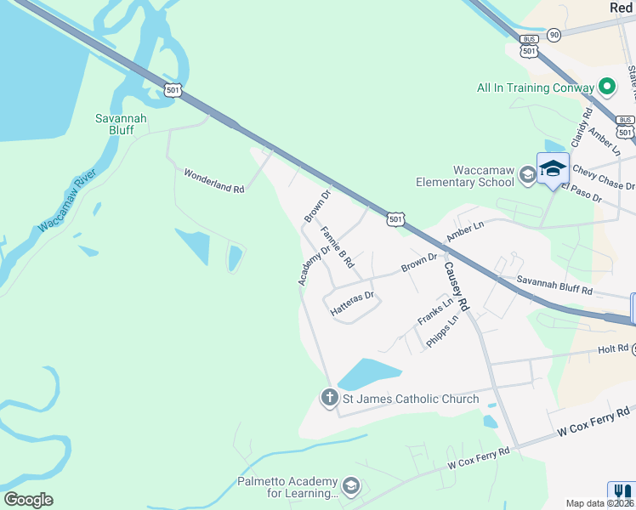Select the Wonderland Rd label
pos(214,180)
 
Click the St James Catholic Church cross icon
pos(329,398)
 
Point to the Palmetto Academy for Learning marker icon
pos(351,487)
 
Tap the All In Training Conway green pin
pos(606,87)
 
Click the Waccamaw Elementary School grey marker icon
pos(527,175)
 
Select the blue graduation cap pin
pos(553,167)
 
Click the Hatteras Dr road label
pos(353,304)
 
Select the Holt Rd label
pos(611,348)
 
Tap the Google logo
pos(28,500)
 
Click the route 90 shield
pos(554,34)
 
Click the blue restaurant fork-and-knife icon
pos(622,491)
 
